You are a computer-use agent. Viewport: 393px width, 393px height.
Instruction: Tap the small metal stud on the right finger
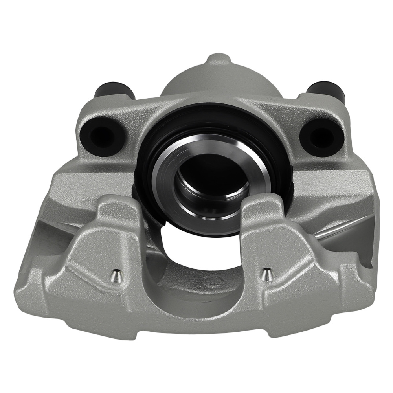266,274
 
